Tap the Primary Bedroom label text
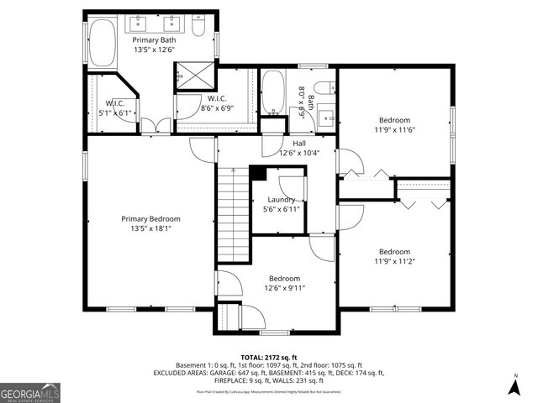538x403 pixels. (x=156, y=218)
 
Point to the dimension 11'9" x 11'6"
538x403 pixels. (x=395, y=129)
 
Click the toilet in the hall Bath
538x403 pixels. (x=323, y=89)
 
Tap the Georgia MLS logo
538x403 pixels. (x=30, y=392)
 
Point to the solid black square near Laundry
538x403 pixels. (x=259, y=174)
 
